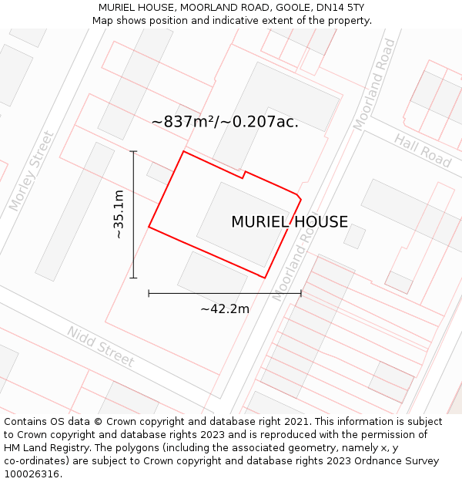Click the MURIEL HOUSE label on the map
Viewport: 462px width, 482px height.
point(290,222)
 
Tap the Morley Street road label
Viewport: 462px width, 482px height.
point(32,171)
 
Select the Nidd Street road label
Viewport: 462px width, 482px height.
point(100,346)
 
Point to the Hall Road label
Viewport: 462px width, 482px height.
point(423,150)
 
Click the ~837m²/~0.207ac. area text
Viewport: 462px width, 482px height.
point(225,122)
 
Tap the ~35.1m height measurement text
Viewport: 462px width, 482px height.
point(119,214)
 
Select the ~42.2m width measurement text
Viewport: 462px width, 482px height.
point(225,309)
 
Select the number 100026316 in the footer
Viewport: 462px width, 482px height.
point(32,474)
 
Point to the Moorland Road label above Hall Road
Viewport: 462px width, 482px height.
point(374,85)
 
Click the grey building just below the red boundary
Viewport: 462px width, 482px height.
point(212,278)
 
